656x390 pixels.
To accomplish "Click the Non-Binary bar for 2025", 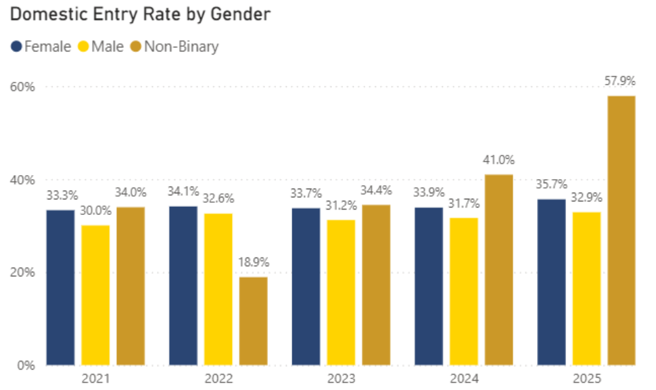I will point(622,230).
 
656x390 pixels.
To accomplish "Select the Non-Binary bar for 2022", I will point(253,321).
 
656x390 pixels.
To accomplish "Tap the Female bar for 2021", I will point(60,287).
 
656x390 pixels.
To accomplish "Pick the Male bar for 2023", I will point(341,292).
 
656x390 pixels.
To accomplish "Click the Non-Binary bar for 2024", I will point(498,270).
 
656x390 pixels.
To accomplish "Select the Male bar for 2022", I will point(218,289).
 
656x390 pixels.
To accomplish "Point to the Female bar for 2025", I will point(551,282).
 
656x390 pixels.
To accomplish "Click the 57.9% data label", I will point(622,81).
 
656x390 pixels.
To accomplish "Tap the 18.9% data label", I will point(253,262).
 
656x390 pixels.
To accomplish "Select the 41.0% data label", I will point(498,160).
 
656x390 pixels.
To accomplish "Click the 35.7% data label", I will point(551,185).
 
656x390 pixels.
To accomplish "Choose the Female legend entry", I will point(41,47).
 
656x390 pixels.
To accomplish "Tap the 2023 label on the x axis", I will point(341,379).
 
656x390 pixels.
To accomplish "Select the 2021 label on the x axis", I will point(95,379).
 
